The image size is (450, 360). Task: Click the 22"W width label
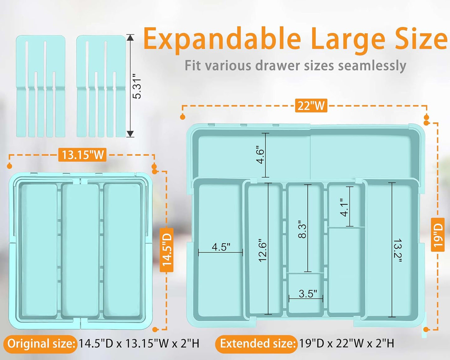311,106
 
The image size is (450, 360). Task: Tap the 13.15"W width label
83,155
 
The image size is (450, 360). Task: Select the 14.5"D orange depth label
167,250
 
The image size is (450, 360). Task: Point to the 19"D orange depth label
438,234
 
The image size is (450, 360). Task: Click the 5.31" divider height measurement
137,86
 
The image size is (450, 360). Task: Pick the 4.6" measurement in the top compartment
260,155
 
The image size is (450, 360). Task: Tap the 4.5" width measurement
221,247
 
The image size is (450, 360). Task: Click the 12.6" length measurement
263,250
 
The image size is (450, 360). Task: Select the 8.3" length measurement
302,229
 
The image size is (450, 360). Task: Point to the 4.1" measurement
344,207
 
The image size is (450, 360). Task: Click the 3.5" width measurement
308,294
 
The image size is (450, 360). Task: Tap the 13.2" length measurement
397,250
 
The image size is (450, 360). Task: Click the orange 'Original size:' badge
40,343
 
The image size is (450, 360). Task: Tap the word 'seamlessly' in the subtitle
372,66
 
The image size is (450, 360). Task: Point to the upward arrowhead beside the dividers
130,38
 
